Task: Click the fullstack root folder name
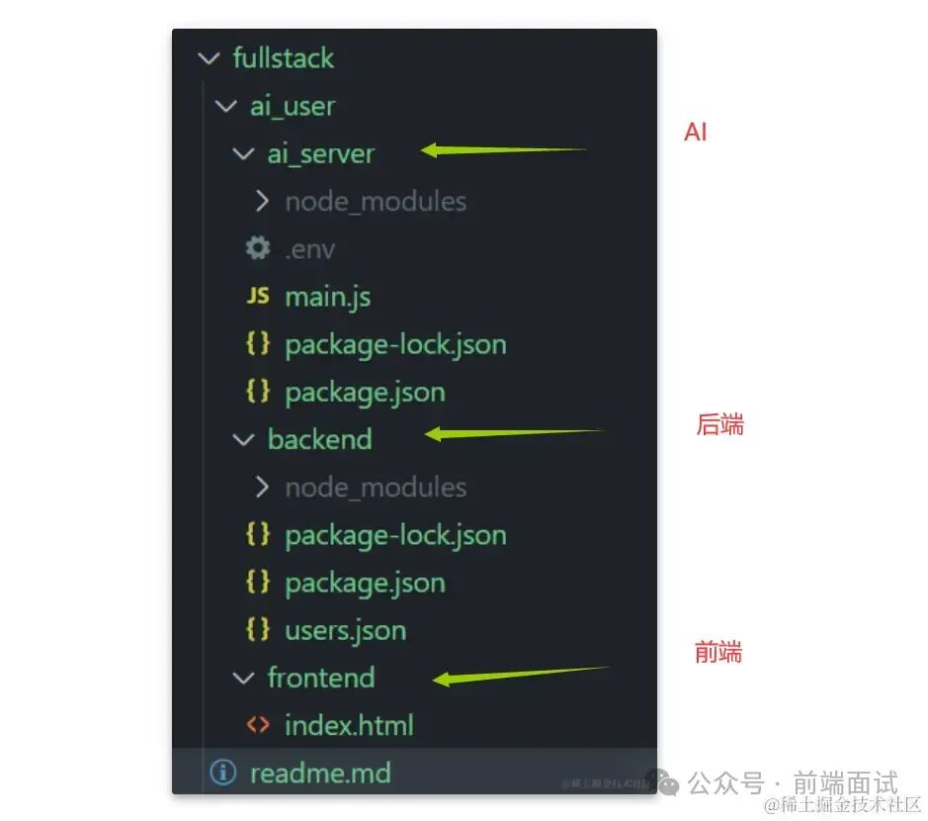[283, 58]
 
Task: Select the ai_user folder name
[292, 106]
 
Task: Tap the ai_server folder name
[320, 154]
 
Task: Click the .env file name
[309, 249]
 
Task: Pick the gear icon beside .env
[257, 248]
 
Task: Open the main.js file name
[327, 297]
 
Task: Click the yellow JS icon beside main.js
[257, 296]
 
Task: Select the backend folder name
[319, 439]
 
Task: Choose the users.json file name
[345, 630]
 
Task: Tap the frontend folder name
[320, 678]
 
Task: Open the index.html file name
[349, 725]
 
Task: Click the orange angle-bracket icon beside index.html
[257, 725]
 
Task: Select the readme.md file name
[320, 773]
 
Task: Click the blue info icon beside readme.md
[223, 773]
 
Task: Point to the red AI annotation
[696, 133]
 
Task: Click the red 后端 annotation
[719, 425]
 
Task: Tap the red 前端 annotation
[717, 653]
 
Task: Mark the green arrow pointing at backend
[514, 433]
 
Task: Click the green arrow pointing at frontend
[522, 675]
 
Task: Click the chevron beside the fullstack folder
[209, 58]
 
